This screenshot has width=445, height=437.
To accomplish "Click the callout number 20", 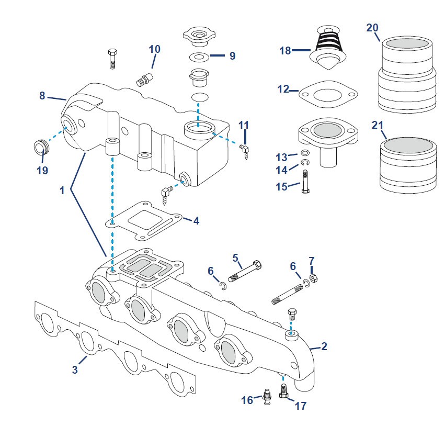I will pos(372,28).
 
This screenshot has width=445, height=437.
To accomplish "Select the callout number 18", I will pos(284,51).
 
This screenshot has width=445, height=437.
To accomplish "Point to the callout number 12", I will pos(283,89).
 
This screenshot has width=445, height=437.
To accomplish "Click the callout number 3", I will pos(75,370).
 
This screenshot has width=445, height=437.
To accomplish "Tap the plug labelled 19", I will pos(40,147).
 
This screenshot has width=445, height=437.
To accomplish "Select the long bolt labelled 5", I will pos(245,271).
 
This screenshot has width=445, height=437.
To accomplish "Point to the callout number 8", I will pos(42,96).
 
